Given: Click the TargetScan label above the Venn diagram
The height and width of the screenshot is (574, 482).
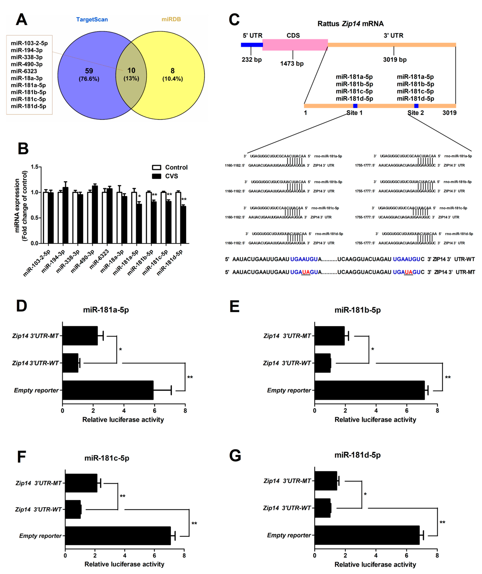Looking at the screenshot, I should [92, 19].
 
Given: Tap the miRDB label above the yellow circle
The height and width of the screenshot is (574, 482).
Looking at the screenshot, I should [171, 19].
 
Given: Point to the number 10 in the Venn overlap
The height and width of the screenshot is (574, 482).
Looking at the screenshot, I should [131, 71].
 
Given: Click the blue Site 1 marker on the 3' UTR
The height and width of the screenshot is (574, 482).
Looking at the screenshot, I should [355, 106].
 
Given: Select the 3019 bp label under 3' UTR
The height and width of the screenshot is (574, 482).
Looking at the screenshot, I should [395, 60].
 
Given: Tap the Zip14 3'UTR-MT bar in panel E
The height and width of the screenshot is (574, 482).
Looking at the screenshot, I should [329, 336].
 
